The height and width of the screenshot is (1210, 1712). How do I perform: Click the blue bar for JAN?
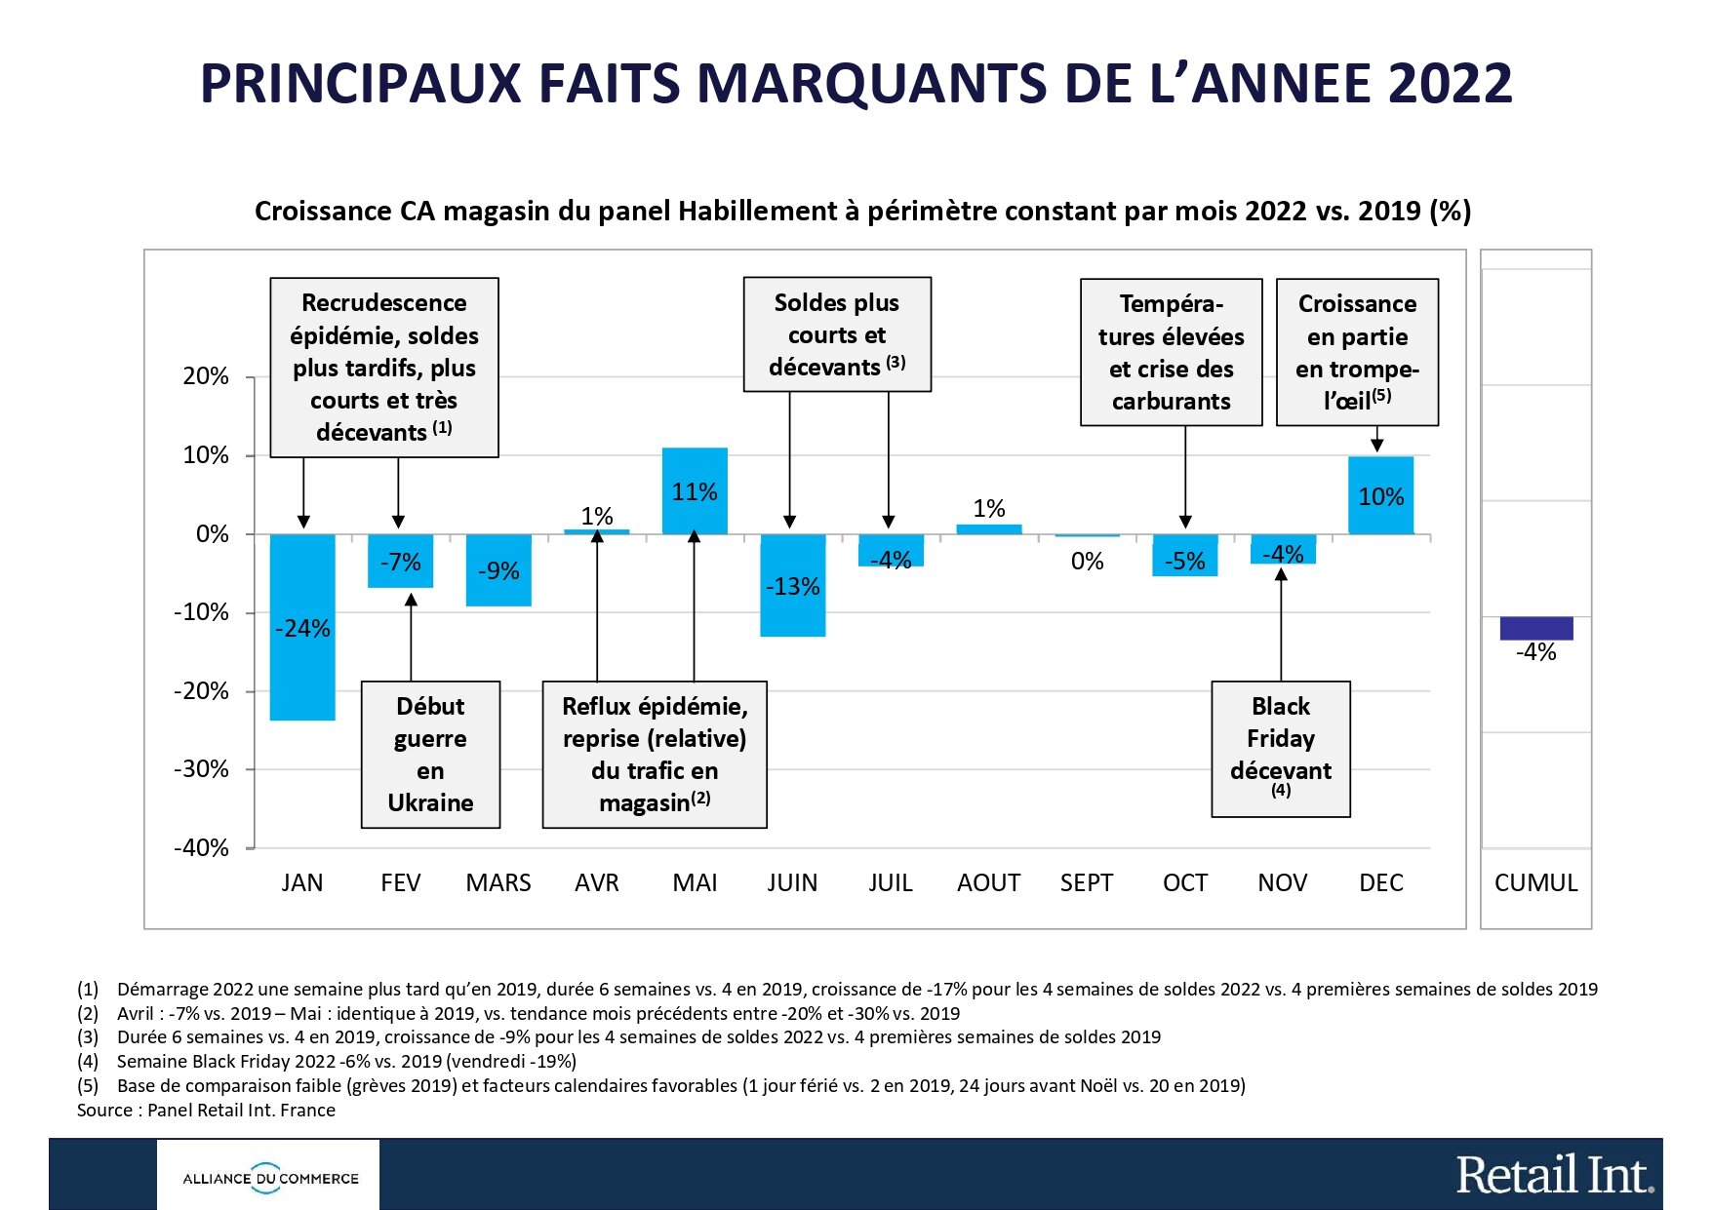(x=302, y=673)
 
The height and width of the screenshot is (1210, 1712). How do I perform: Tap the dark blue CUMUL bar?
(x=1536, y=628)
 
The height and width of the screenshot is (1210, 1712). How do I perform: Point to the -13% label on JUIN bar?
(x=792, y=587)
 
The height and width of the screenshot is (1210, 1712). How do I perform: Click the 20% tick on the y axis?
(x=206, y=376)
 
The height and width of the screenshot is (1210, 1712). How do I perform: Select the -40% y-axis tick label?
(x=201, y=848)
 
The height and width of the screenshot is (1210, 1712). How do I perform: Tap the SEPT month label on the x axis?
(x=1087, y=883)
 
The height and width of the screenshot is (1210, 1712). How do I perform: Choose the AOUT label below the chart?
(x=988, y=883)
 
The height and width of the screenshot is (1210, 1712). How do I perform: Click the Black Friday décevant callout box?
(x=1280, y=748)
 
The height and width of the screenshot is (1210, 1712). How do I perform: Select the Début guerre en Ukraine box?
(x=430, y=754)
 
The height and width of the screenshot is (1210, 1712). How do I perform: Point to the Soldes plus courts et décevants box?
(x=837, y=334)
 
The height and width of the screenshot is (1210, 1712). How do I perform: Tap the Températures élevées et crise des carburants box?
(x=1171, y=352)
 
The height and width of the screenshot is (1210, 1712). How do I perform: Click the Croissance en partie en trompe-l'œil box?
(x=1357, y=352)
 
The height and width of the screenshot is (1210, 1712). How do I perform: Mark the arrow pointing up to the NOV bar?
(x=1281, y=624)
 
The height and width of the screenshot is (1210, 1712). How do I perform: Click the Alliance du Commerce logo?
(x=270, y=1178)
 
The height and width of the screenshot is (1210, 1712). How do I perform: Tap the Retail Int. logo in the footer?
(x=1554, y=1175)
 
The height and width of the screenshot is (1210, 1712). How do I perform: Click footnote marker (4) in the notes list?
(x=88, y=1062)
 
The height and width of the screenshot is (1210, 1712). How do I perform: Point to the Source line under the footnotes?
(x=206, y=1111)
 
